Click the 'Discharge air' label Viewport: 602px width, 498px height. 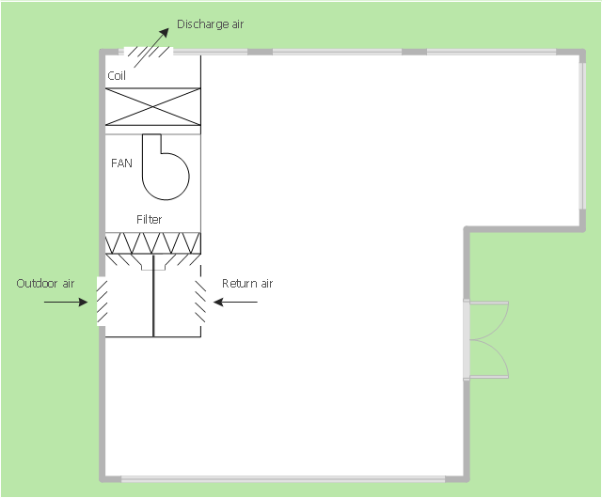click(x=210, y=24)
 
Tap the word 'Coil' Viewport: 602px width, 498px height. click(x=117, y=75)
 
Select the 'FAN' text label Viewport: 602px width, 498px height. click(x=121, y=163)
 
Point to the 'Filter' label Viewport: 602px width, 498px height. click(x=149, y=220)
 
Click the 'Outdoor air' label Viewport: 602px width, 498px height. click(x=45, y=284)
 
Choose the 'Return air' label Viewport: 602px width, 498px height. click(x=247, y=284)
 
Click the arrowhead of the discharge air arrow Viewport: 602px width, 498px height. click(x=165, y=33)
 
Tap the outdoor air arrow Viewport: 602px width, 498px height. click(x=66, y=303)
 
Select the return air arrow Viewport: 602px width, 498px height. click(x=235, y=303)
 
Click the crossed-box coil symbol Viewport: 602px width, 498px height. click(x=152, y=107)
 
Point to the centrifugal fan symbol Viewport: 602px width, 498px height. click(x=166, y=167)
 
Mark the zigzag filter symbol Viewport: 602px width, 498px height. click(x=152, y=242)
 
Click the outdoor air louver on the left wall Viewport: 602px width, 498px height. click(x=102, y=302)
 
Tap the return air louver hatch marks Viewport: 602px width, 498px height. click(x=200, y=302)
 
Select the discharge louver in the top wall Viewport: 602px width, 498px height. click(x=149, y=52)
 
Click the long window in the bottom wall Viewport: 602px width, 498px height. click(x=283, y=479)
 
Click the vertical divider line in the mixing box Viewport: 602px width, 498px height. click(x=153, y=296)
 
